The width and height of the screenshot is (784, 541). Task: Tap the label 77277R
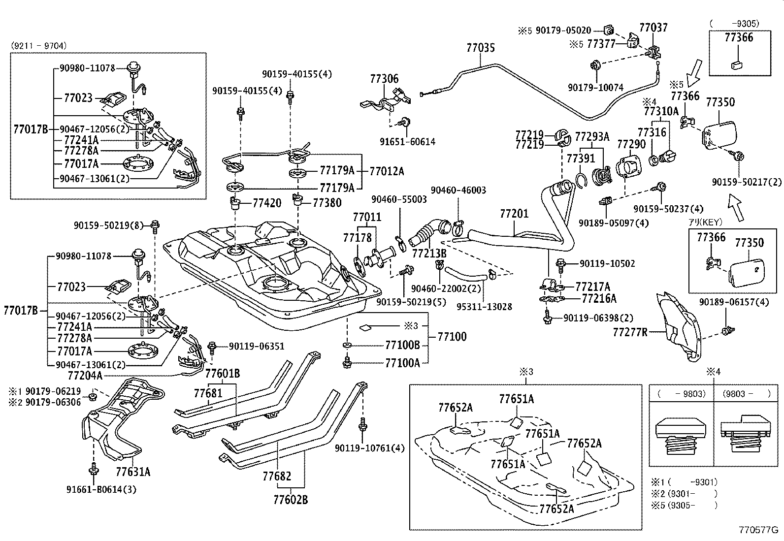[630, 332]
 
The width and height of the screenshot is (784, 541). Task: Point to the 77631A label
[133, 472]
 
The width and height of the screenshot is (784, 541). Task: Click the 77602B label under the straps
[290, 500]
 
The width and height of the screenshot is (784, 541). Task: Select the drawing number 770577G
[758, 530]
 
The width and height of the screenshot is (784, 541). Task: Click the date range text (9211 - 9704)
[38, 46]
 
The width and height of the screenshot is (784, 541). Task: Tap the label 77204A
[85, 376]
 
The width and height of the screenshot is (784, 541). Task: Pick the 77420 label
[267, 203]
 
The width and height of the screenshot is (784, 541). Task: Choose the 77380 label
[327, 203]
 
